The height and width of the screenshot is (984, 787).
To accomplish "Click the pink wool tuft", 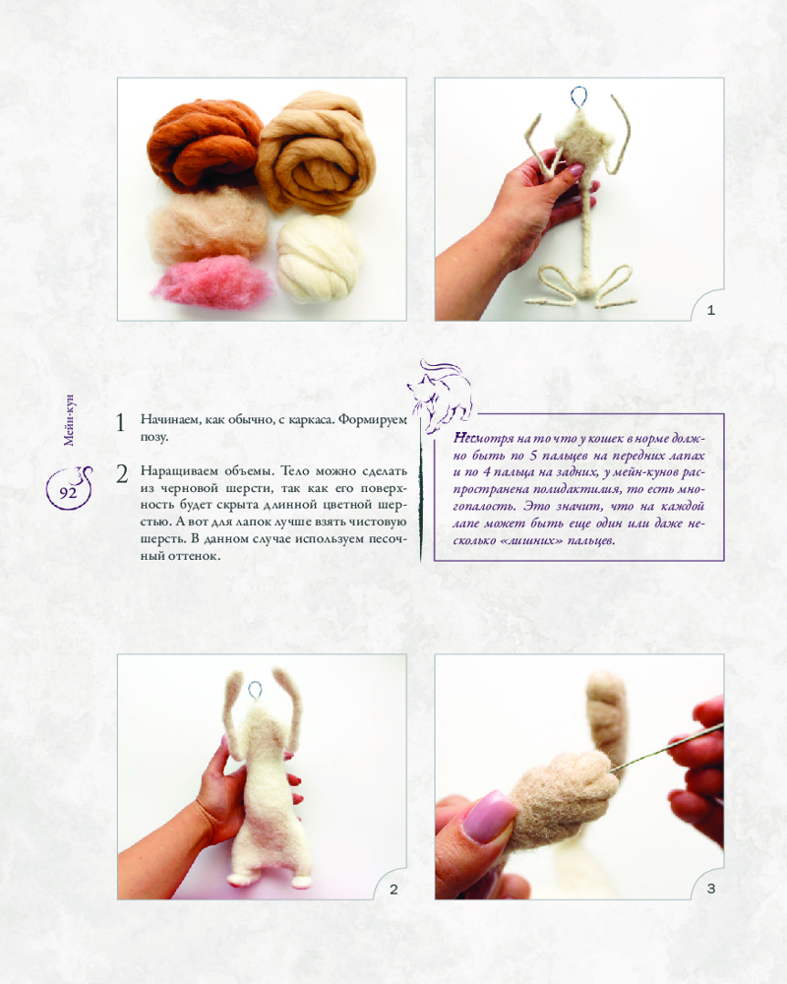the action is pyautogui.click(x=213, y=281).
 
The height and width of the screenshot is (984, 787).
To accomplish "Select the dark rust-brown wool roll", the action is pyautogui.click(x=205, y=145).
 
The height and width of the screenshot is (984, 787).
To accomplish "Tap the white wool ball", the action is pyautogui.click(x=320, y=259).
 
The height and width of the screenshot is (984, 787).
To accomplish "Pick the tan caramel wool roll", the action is pyautogui.click(x=316, y=153).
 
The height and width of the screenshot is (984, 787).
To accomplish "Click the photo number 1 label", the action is pyautogui.click(x=710, y=310).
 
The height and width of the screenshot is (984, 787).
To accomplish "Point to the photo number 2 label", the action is pyautogui.click(x=393, y=890).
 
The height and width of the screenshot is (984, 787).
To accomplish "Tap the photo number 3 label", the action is pyautogui.click(x=710, y=889).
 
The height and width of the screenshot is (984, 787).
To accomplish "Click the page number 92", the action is pyautogui.click(x=68, y=493).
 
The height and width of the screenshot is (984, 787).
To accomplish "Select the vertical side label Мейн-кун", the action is pyautogui.click(x=69, y=420).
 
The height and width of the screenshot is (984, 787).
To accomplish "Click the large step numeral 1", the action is pyautogui.click(x=120, y=423).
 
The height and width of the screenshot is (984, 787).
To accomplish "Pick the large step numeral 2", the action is pyautogui.click(x=122, y=474).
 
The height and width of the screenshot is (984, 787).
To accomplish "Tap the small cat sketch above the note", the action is pyautogui.click(x=440, y=397).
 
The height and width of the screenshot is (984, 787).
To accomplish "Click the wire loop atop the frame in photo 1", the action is pyautogui.click(x=578, y=97).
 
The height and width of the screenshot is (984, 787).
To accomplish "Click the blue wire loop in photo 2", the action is pyautogui.click(x=255, y=690).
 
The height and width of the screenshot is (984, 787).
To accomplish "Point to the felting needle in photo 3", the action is pyautogui.click(x=666, y=747).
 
